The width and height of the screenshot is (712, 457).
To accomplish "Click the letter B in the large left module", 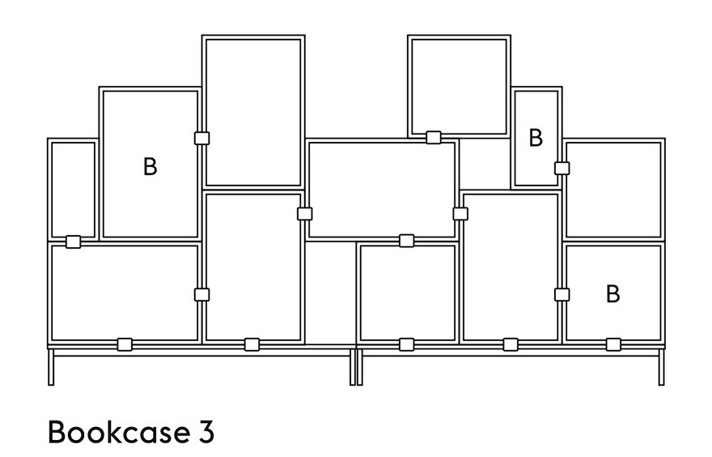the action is [x=150, y=166].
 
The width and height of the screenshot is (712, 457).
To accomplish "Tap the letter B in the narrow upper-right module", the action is [x=536, y=137].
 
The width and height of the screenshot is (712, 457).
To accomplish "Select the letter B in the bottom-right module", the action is [x=613, y=294].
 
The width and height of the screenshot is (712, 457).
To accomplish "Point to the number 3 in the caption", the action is [x=206, y=432].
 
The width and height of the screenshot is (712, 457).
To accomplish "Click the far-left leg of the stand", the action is [x=51, y=367].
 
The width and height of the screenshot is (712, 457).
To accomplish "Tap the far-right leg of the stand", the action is [x=662, y=367].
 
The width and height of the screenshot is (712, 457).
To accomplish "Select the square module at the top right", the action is [x=459, y=37].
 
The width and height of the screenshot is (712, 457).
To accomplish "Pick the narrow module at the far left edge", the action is [x=49, y=189].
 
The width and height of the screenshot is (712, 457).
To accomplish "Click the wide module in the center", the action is [x=381, y=141].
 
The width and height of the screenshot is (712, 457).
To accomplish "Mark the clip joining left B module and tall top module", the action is [x=201, y=139].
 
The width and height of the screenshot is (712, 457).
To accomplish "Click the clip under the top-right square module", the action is [x=434, y=137].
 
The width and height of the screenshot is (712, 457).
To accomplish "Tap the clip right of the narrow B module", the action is [x=562, y=169].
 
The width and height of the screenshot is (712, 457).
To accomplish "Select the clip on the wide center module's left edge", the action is [x=305, y=214].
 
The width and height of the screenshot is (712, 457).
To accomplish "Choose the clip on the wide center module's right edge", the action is [x=460, y=214].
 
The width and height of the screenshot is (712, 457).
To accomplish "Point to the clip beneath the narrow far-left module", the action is [x=73, y=242].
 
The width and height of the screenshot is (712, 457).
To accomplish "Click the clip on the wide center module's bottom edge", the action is [x=406, y=241].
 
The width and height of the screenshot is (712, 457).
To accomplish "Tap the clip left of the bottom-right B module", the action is [x=562, y=295].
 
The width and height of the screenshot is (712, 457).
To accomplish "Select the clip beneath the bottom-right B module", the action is [x=613, y=344].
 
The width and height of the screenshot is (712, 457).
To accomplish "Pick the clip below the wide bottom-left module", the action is [x=125, y=344].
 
